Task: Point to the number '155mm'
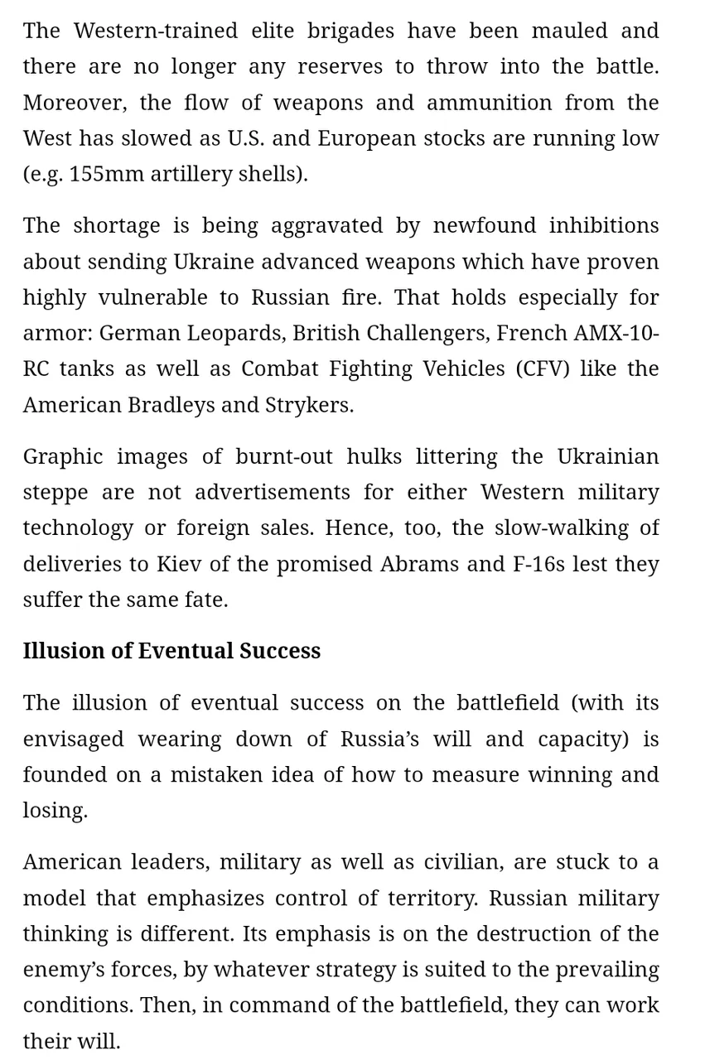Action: (102, 174)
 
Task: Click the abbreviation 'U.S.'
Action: (246, 138)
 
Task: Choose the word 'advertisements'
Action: (273, 492)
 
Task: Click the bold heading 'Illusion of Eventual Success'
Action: (171, 651)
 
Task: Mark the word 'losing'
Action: (54, 810)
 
